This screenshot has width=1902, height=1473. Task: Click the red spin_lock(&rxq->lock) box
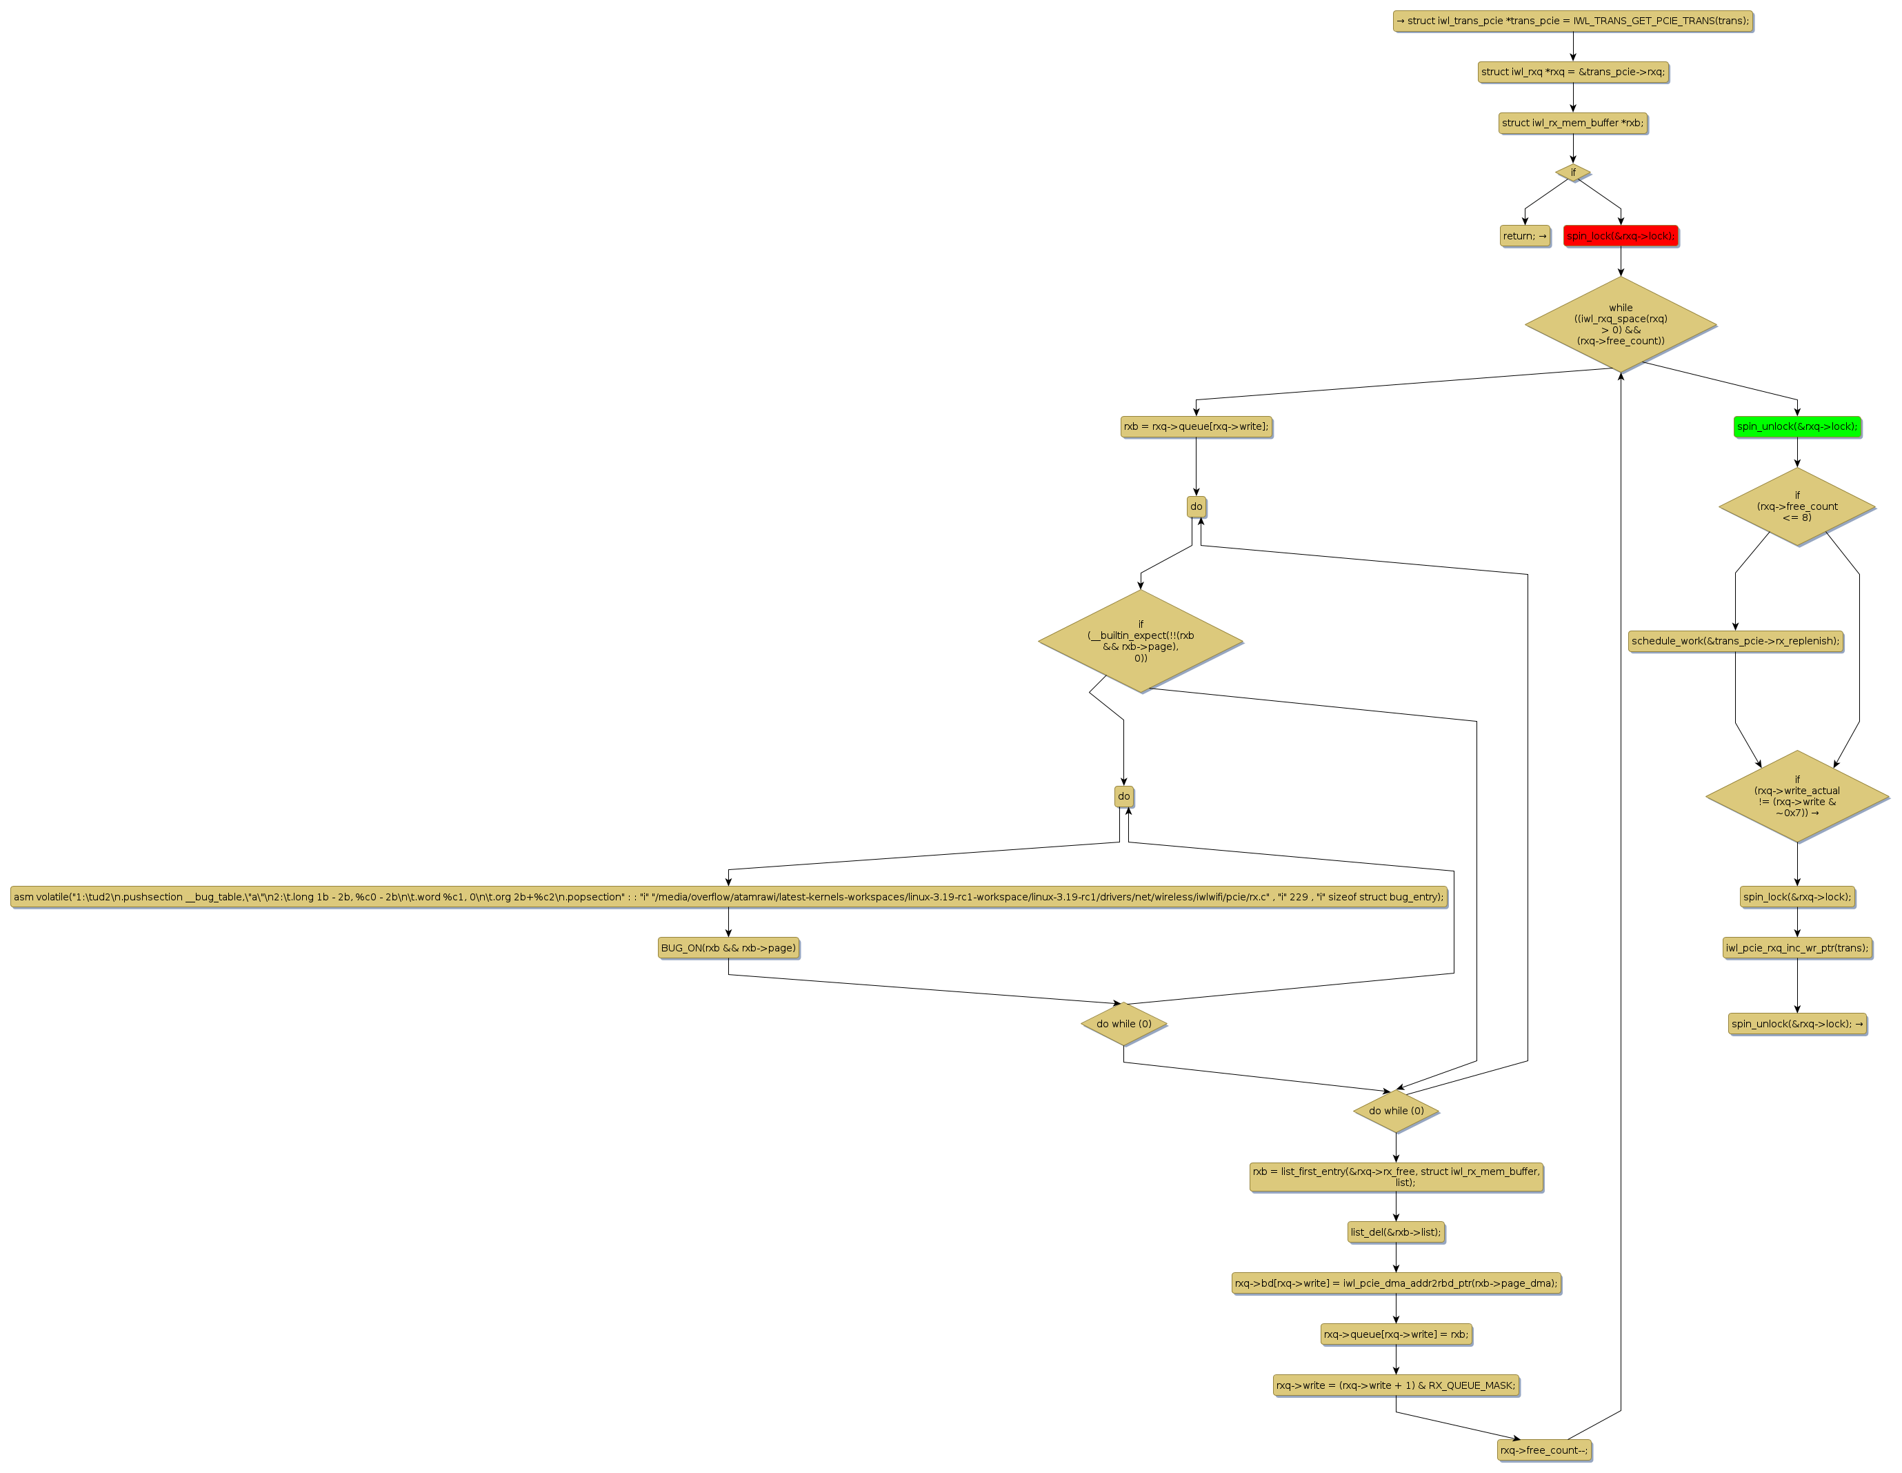coord(1620,236)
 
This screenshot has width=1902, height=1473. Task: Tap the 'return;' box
coord(1524,236)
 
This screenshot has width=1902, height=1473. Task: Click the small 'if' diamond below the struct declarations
coord(1573,172)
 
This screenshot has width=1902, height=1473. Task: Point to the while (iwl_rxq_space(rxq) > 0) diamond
coord(1620,324)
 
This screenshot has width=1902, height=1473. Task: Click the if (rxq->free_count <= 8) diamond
coord(1796,506)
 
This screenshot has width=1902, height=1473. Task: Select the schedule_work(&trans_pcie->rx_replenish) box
coord(1735,641)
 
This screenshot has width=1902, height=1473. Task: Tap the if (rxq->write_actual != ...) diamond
coord(1796,796)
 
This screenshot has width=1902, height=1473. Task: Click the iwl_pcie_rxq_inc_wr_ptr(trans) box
coord(1796,948)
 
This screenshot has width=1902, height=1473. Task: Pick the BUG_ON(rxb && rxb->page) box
coord(728,948)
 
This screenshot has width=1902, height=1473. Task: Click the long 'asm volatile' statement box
coord(728,896)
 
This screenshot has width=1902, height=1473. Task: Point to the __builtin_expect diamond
coord(1140,641)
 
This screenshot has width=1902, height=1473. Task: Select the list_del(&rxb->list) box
coord(1395,1232)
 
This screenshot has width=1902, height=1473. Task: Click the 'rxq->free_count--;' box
coord(1544,1450)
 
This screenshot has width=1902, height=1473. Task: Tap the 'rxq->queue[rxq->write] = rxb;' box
coord(1395,1334)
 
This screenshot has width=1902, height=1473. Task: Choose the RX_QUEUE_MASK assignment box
coord(1395,1385)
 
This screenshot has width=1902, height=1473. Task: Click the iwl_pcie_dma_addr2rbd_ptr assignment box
coord(1395,1283)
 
